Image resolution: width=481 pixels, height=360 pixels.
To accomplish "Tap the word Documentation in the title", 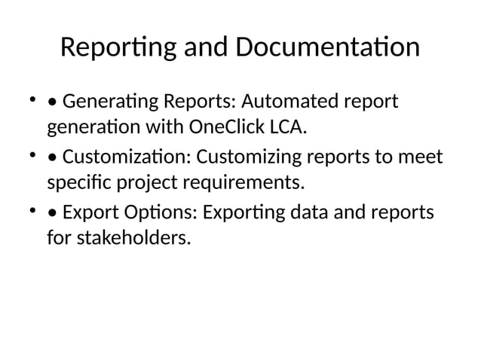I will pos(328,48).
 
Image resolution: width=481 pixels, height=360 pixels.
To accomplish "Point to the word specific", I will pos(77,182).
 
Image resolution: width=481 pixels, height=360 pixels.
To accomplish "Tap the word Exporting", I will pos(250,213).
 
